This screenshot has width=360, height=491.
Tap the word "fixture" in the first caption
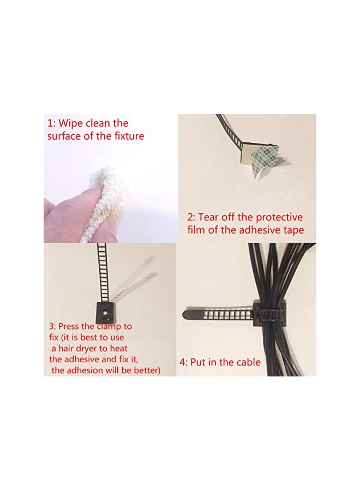coord(127,136)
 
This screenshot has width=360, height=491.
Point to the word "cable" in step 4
coord(248,362)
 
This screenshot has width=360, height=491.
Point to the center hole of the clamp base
coord(105,314)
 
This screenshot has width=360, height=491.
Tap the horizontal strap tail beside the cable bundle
coord(218,315)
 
